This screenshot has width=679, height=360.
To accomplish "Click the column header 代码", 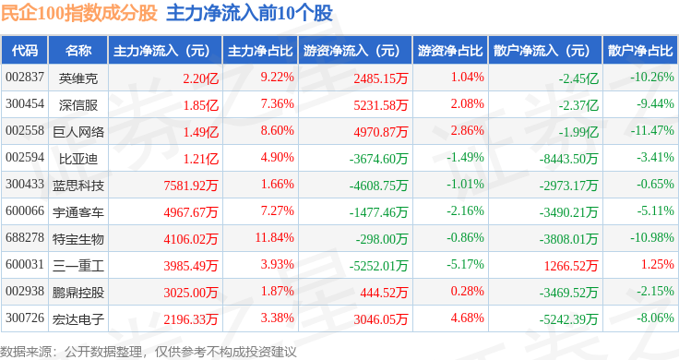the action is (25, 51).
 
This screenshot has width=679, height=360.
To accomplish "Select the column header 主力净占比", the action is (260, 51).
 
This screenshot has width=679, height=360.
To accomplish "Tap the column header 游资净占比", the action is (450, 51).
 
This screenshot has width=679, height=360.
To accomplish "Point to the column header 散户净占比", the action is (640, 51).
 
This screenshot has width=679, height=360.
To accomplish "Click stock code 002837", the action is (25, 78).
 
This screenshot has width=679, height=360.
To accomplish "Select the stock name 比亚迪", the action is (78, 159).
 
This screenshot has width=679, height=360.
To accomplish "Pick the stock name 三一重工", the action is (78, 266).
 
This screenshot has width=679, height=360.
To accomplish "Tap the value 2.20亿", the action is (200, 78).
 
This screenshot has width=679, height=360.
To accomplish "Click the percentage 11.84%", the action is (275, 237).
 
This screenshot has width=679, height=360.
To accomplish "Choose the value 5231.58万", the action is (381, 105).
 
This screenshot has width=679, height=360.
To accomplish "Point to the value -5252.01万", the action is (378, 266).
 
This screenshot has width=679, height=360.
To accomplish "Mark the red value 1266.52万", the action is (571, 266).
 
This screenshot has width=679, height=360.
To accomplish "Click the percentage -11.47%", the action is (652, 130).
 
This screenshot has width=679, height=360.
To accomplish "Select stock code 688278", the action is (25, 237).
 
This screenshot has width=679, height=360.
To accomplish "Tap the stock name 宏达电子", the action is (78, 319).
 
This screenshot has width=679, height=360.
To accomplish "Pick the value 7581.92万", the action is (191, 186).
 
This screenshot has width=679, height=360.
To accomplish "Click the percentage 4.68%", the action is (467, 318).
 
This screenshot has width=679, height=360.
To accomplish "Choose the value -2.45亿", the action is (578, 78).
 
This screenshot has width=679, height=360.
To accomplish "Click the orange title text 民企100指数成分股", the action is (78, 13).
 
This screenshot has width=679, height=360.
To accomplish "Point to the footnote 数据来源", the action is (26, 352).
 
